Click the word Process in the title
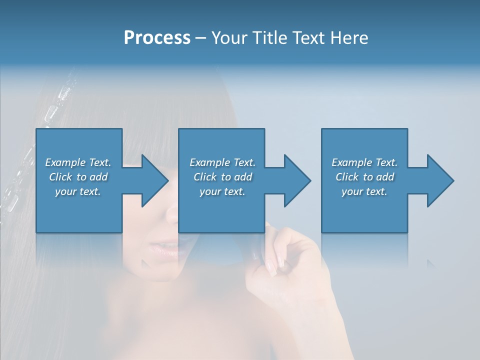[157, 38]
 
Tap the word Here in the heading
[347, 38]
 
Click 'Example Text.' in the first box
[78, 162]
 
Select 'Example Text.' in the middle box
[222, 162]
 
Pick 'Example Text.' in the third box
[364, 162]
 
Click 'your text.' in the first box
[78, 191]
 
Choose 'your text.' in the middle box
[222, 191]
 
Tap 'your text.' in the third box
[364, 191]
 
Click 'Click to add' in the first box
[78, 177]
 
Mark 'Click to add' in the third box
[364, 177]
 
